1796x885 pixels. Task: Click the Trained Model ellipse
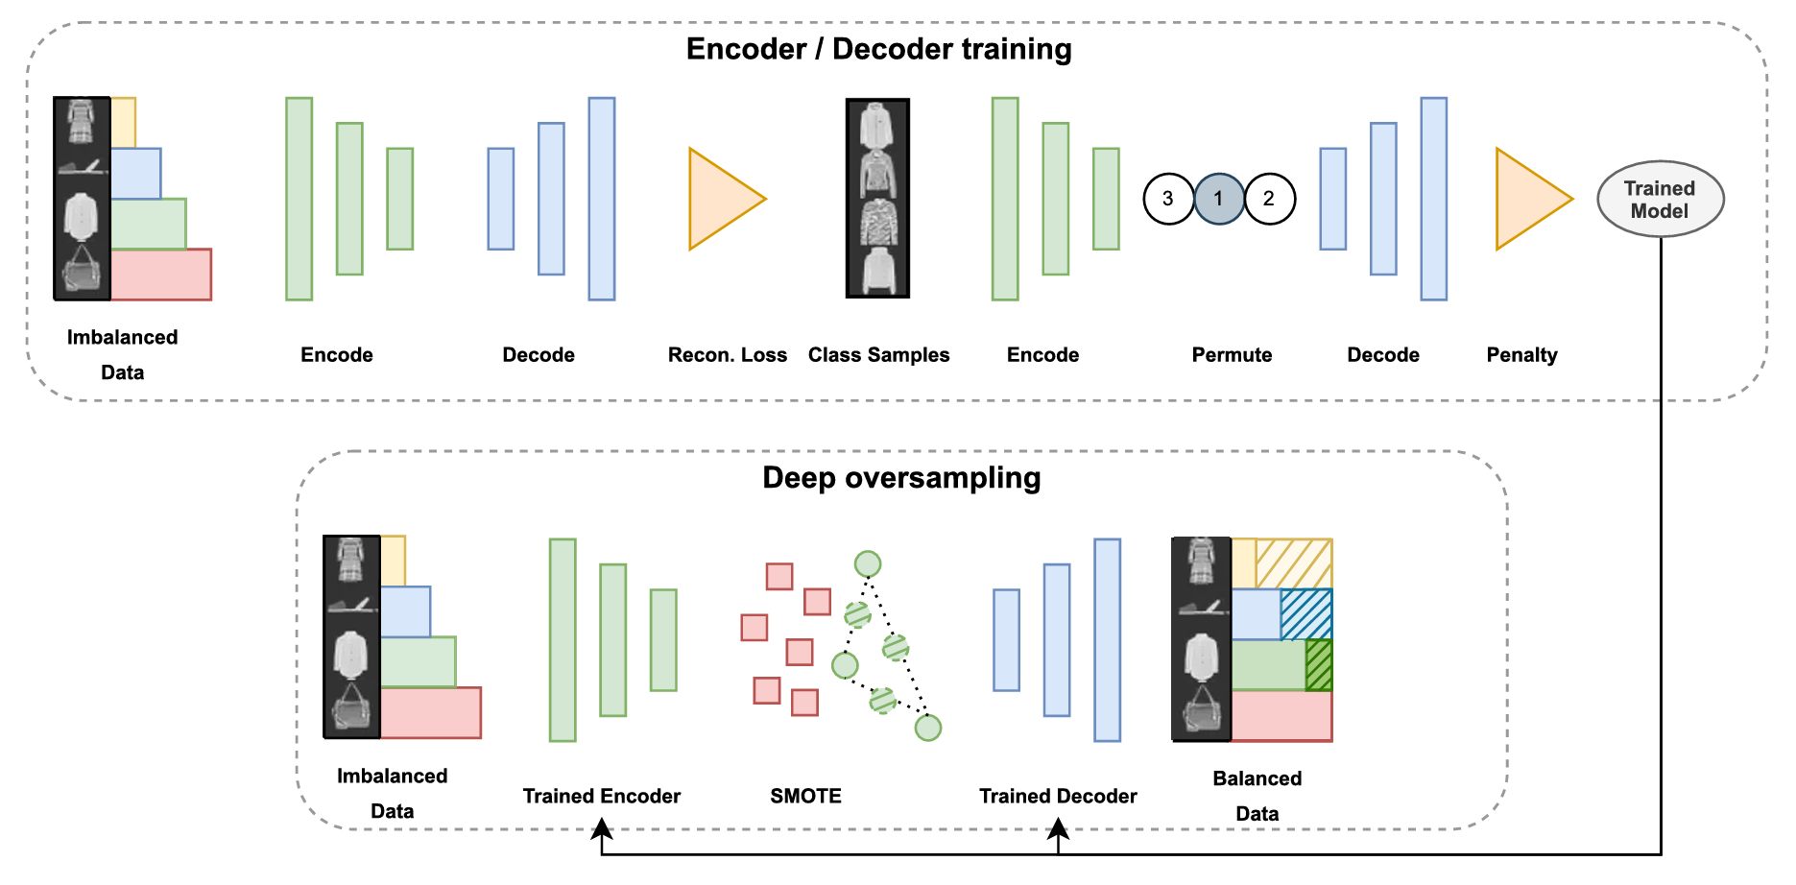point(1660,199)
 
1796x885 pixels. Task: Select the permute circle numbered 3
point(1168,199)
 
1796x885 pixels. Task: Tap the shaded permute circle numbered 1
point(1219,199)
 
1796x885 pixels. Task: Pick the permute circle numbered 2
point(1269,199)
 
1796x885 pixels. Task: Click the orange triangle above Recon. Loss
point(720,199)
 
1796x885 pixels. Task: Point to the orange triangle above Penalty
point(1526,199)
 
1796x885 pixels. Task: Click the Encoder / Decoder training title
point(878,49)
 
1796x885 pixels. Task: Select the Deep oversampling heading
point(901,478)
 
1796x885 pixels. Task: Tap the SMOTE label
point(805,796)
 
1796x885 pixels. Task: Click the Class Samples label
point(878,355)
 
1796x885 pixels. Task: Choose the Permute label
point(1232,355)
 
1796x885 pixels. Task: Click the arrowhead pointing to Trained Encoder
point(602,830)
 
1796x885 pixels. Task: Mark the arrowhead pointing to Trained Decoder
point(1058,830)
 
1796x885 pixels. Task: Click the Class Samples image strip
point(877,199)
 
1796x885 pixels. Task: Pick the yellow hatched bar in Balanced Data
point(1293,563)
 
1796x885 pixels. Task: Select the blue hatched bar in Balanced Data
point(1306,614)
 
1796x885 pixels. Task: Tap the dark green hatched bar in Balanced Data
point(1319,665)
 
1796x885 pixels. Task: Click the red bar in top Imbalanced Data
point(160,275)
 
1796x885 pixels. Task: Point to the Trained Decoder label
point(1058,796)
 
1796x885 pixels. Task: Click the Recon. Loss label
point(727,355)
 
